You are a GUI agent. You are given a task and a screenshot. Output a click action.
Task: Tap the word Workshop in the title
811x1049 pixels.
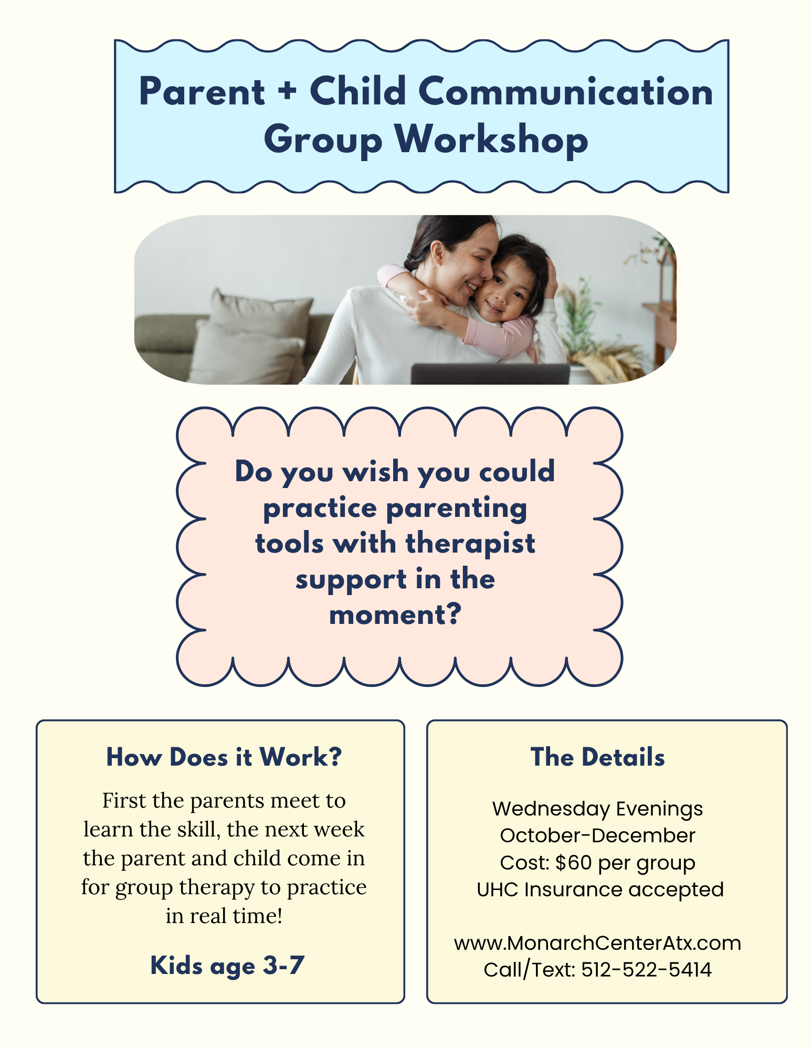[491, 139]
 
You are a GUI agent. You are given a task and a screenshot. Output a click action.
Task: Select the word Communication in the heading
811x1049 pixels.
[566, 91]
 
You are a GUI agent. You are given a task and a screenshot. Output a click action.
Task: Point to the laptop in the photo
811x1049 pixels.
[490, 374]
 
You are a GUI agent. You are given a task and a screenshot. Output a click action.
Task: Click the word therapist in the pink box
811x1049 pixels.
[470, 544]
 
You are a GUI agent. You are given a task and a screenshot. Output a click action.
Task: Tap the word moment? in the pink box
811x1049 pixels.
[395, 614]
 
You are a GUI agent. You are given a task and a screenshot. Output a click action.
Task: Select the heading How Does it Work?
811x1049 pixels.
[224, 757]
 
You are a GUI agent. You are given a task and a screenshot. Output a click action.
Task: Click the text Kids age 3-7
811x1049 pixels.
[227, 966]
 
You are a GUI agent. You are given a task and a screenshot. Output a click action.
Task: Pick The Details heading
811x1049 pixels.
[598, 757]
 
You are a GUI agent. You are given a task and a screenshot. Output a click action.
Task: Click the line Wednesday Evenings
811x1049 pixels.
[597, 809]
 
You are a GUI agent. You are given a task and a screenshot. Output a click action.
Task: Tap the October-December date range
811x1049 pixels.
[597, 835]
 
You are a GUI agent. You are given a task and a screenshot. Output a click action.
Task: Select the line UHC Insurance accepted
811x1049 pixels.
[600, 889]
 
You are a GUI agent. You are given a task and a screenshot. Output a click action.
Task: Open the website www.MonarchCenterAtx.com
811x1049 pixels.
[597, 943]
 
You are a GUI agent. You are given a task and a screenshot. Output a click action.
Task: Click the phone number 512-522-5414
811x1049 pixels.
[646, 970]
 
